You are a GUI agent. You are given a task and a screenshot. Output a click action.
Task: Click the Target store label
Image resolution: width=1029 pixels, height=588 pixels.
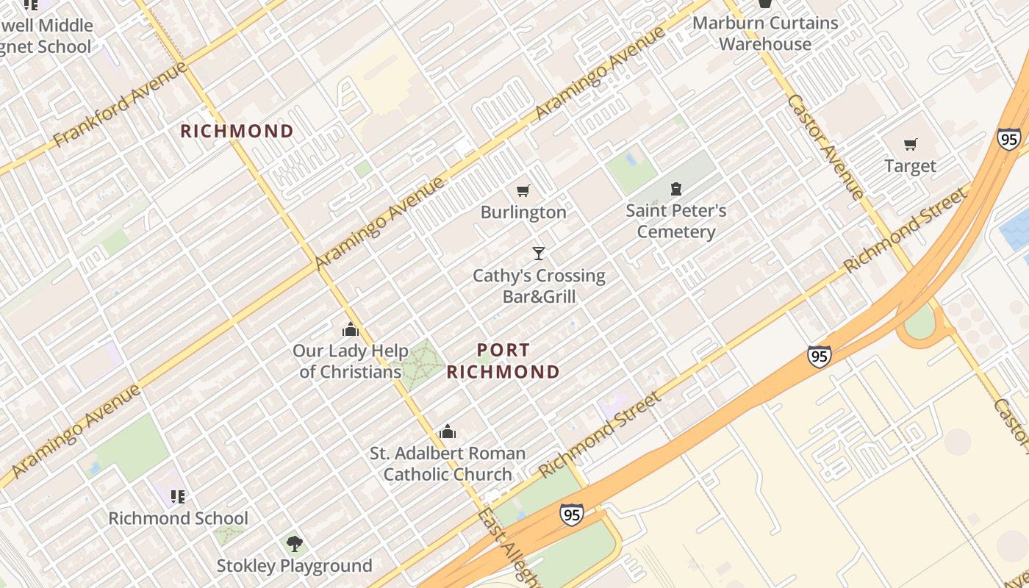[x=910, y=166]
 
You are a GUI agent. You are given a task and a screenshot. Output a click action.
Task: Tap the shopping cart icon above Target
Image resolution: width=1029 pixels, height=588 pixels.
[x=911, y=144]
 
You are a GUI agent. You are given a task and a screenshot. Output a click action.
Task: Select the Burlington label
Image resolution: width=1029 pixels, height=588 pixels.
[x=523, y=212]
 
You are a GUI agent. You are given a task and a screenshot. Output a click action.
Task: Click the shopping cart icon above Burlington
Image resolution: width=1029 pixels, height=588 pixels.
[x=523, y=191]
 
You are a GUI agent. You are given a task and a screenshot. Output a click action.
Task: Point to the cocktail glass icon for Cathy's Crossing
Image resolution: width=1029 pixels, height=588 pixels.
[x=539, y=254]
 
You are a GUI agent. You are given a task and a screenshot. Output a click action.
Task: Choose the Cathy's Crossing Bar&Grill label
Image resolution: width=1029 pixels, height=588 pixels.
[x=539, y=286]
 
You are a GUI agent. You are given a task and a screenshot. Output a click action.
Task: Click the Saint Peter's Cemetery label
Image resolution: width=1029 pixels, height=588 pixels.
[x=675, y=221]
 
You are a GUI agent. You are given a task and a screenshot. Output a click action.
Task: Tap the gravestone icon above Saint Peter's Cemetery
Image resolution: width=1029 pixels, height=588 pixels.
[x=676, y=190]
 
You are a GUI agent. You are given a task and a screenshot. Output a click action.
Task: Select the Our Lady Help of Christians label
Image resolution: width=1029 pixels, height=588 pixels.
[x=351, y=361]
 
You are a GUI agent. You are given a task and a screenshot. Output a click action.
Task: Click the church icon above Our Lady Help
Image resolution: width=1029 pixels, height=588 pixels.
[x=351, y=329]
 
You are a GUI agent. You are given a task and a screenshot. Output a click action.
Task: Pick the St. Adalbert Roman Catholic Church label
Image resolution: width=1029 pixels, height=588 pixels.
[x=447, y=464]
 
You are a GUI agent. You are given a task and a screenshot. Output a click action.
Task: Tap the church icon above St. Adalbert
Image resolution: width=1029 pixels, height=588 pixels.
[x=447, y=432]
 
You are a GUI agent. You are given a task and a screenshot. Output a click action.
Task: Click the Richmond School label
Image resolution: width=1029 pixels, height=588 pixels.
[x=178, y=518]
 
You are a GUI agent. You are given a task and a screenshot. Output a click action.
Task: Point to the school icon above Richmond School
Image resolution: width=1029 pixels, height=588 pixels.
[x=177, y=497]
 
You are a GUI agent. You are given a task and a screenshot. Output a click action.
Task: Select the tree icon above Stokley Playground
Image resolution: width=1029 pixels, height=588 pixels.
[x=294, y=544]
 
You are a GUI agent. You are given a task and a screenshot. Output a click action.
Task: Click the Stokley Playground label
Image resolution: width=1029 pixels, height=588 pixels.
[x=294, y=566]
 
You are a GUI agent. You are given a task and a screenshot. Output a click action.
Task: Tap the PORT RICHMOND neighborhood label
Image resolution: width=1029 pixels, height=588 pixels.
[x=503, y=361]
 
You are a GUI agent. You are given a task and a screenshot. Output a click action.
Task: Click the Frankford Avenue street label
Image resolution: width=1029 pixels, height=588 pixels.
[x=121, y=104]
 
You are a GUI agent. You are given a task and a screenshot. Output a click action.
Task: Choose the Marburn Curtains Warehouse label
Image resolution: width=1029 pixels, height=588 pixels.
[x=765, y=33]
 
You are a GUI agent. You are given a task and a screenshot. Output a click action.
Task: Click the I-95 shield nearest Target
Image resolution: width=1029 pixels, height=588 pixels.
[x=1008, y=138]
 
